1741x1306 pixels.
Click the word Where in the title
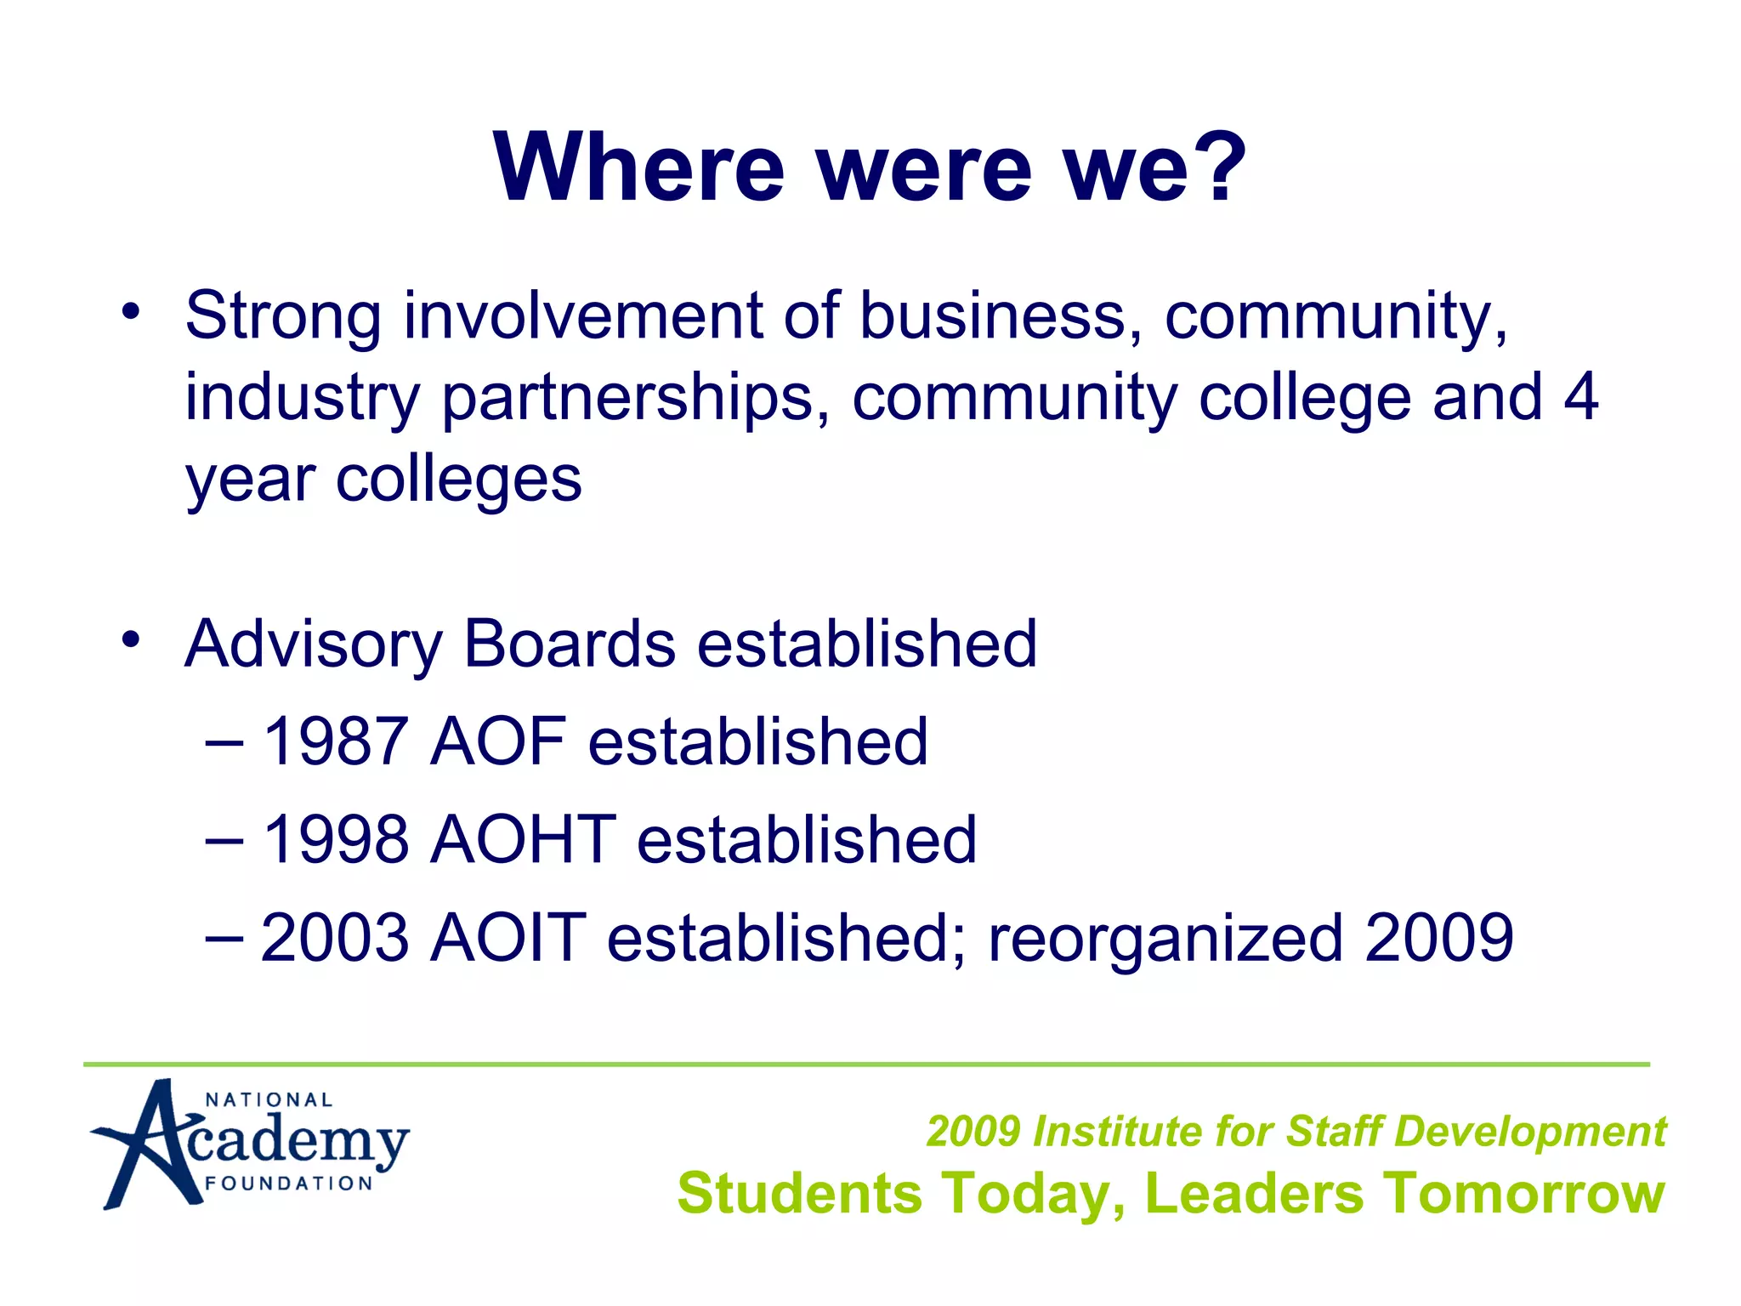638,167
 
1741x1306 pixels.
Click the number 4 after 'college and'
1580,397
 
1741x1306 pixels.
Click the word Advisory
313,644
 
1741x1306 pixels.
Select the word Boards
570,644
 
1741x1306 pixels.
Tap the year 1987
335,742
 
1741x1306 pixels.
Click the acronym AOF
498,742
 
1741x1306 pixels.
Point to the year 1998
335,840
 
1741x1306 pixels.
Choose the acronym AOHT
523,840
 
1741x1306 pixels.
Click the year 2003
335,938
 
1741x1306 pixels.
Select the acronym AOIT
508,938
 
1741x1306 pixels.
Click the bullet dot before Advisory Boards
129,639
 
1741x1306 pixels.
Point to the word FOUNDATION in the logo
289,1184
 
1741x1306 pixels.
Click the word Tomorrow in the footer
1522,1193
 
